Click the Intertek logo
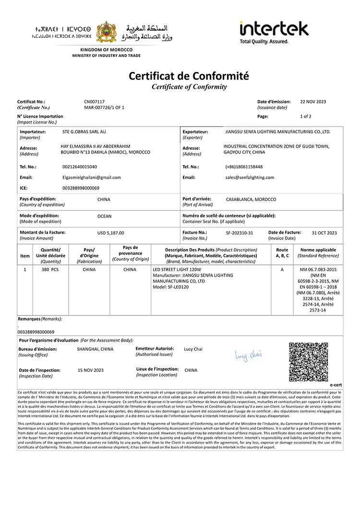[x=274, y=32]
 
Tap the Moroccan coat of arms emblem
[x=106, y=32]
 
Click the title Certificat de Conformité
[x=189, y=76]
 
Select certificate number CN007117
[x=94, y=102]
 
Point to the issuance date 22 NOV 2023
[x=313, y=102]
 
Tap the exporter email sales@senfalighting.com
[x=250, y=178]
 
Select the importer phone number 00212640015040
[x=80, y=167]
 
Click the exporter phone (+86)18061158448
[x=244, y=167]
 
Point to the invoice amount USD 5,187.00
[x=110, y=233]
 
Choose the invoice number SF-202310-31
[x=240, y=233]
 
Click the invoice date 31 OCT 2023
[x=324, y=233]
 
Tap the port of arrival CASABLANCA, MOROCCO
[x=251, y=199]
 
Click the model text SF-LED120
[x=173, y=287]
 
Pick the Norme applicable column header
[x=318, y=250]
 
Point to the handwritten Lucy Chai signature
[x=248, y=355]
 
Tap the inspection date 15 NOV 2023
[x=91, y=370]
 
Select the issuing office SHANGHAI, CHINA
[x=95, y=349]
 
